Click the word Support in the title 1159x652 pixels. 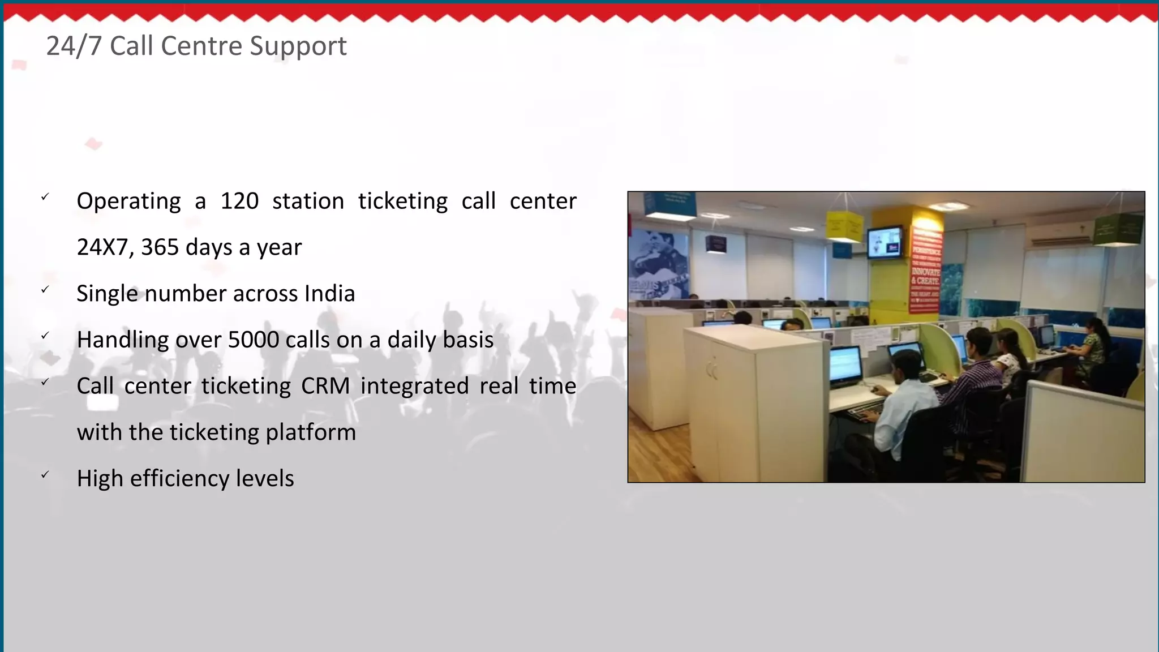point(298,46)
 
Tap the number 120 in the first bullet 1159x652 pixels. point(239,201)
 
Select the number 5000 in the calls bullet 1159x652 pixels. point(253,340)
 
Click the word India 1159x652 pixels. point(329,294)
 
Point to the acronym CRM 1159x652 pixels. point(325,387)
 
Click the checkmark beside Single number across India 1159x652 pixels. point(45,290)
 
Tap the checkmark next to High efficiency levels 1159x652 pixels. point(45,475)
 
